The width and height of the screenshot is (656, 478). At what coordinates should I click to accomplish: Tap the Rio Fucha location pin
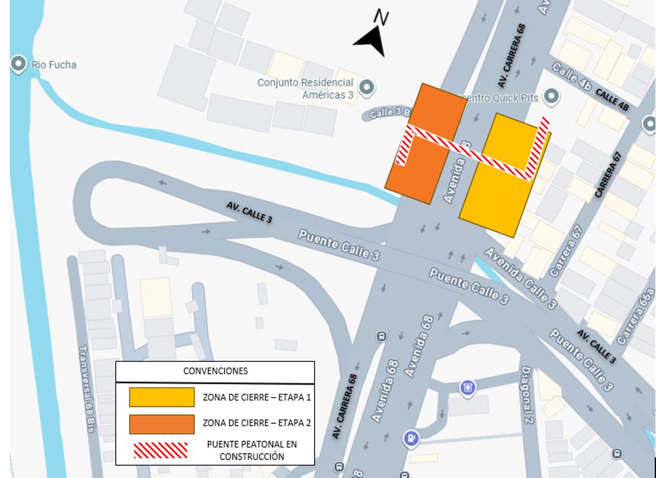point(18,63)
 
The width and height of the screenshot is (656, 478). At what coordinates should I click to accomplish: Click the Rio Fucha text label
point(54,64)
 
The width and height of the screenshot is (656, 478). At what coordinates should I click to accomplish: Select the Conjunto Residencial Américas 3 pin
point(366,87)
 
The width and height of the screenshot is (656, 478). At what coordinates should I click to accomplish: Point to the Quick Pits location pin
point(552,96)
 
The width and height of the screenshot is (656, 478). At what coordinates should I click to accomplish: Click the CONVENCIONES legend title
point(216,371)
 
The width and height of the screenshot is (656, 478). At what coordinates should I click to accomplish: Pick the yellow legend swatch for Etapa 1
point(162,397)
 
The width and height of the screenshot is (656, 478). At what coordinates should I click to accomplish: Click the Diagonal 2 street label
point(527,395)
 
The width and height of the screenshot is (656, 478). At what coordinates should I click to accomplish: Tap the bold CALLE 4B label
point(612,100)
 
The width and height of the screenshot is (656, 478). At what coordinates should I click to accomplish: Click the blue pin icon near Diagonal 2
point(468,388)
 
